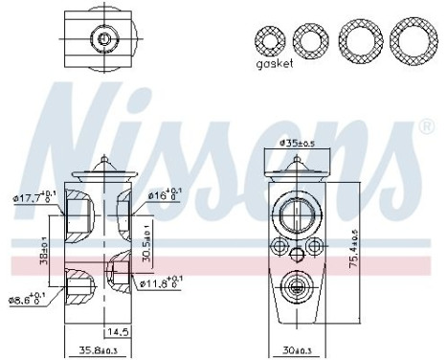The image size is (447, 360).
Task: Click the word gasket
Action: (275, 66)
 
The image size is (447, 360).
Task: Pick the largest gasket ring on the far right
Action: (412, 39)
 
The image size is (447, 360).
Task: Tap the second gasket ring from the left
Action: (311, 39)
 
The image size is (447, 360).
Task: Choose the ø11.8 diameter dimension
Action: (163, 283)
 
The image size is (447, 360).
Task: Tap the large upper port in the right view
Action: (297, 214)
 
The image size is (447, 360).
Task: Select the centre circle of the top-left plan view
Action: (101, 38)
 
